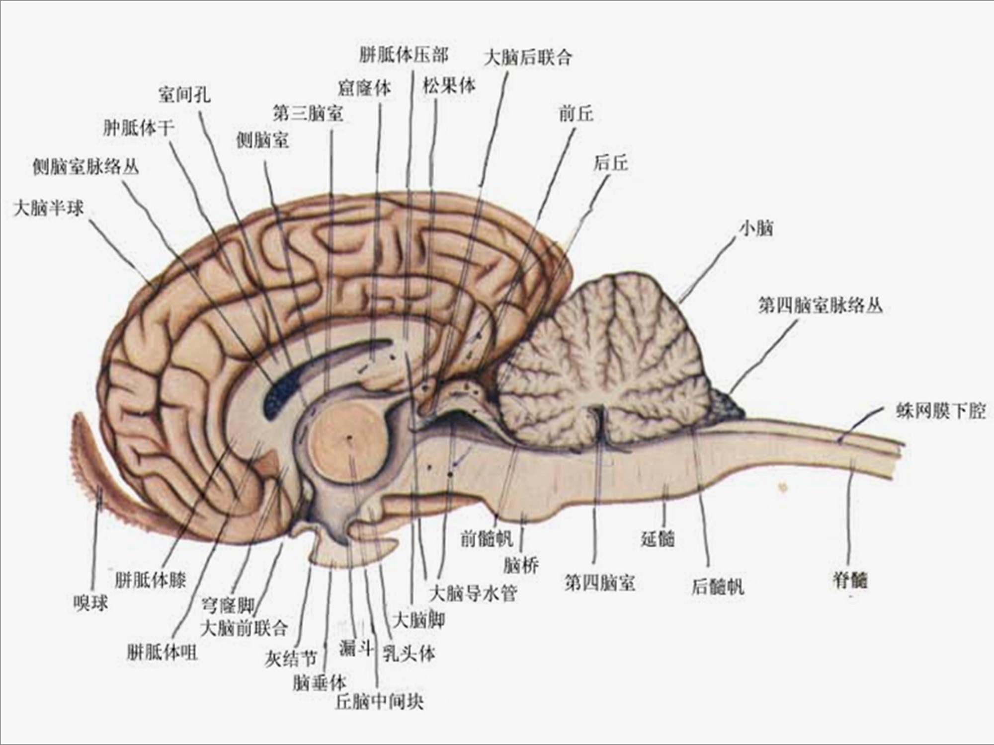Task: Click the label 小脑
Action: click(756, 229)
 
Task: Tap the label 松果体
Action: click(449, 86)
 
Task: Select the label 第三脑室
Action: click(308, 114)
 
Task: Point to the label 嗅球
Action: click(90, 603)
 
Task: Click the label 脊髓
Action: click(850, 580)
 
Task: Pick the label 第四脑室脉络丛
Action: click(820, 305)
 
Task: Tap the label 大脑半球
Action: click(49, 208)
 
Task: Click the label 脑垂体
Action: click(319, 683)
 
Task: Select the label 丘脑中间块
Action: click(379, 702)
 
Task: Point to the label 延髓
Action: click(657, 538)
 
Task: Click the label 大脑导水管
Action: click(473, 593)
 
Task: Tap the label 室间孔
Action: click(184, 94)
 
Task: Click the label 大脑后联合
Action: click(528, 58)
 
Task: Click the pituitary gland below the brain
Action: click(348, 551)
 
